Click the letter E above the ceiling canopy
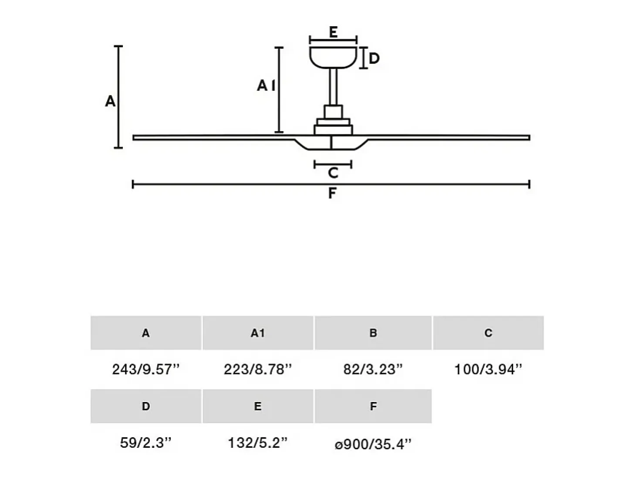[x=333, y=32]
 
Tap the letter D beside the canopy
[x=374, y=58]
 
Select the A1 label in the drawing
[x=266, y=85]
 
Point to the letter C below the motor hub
[x=333, y=173]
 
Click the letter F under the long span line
[x=332, y=193]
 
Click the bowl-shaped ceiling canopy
[x=333, y=58]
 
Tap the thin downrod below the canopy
[x=333, y=87]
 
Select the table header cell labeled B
[x=373, y=333]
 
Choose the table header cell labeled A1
[x=258, y=333]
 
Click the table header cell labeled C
[x=488, y=333]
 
